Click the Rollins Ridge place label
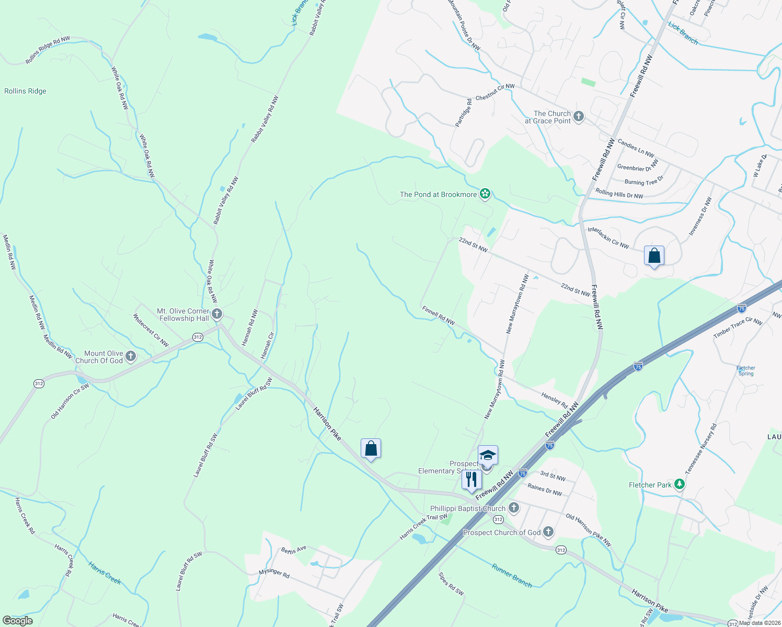pyautogui.click(x=25, y=91)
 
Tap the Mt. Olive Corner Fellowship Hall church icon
pyautogui.click(x=217, y=314)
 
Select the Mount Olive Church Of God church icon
pyautogui.click(x=131, y=356)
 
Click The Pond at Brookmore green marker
pyautogui.click(x=485, y=194)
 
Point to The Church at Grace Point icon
pyautogui.click(x=578, y=117)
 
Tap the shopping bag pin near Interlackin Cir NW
pyautogui.click(x=654, y=256)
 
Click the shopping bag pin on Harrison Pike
pyautogui.click(x=371, y=449)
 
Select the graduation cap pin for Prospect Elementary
pyautogui.click(x=488, y=456)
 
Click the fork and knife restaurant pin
pyautogui.click(x=471, y=480)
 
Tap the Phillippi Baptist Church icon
pyautogui.click(x=514, y=508)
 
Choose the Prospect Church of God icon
pyautogui.click(x=548, y=532)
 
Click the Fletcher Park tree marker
pyautogui.click(x=679, y=485)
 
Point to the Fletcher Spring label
pyautogui.click(x=746, y=370)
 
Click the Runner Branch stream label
pyautogui.click(x=512, y=575)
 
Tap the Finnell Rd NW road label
pyautogui.click(x=439, y=316)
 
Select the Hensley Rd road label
pyautogui.click(x=554, y=400)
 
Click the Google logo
pyautogui.click(x=18, y=621)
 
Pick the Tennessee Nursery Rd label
pyautogui.click(x=701, y=449)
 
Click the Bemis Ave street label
pyautogui.click(x=293, y=550)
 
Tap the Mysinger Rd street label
pyautogui.click(x=274, y=573)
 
